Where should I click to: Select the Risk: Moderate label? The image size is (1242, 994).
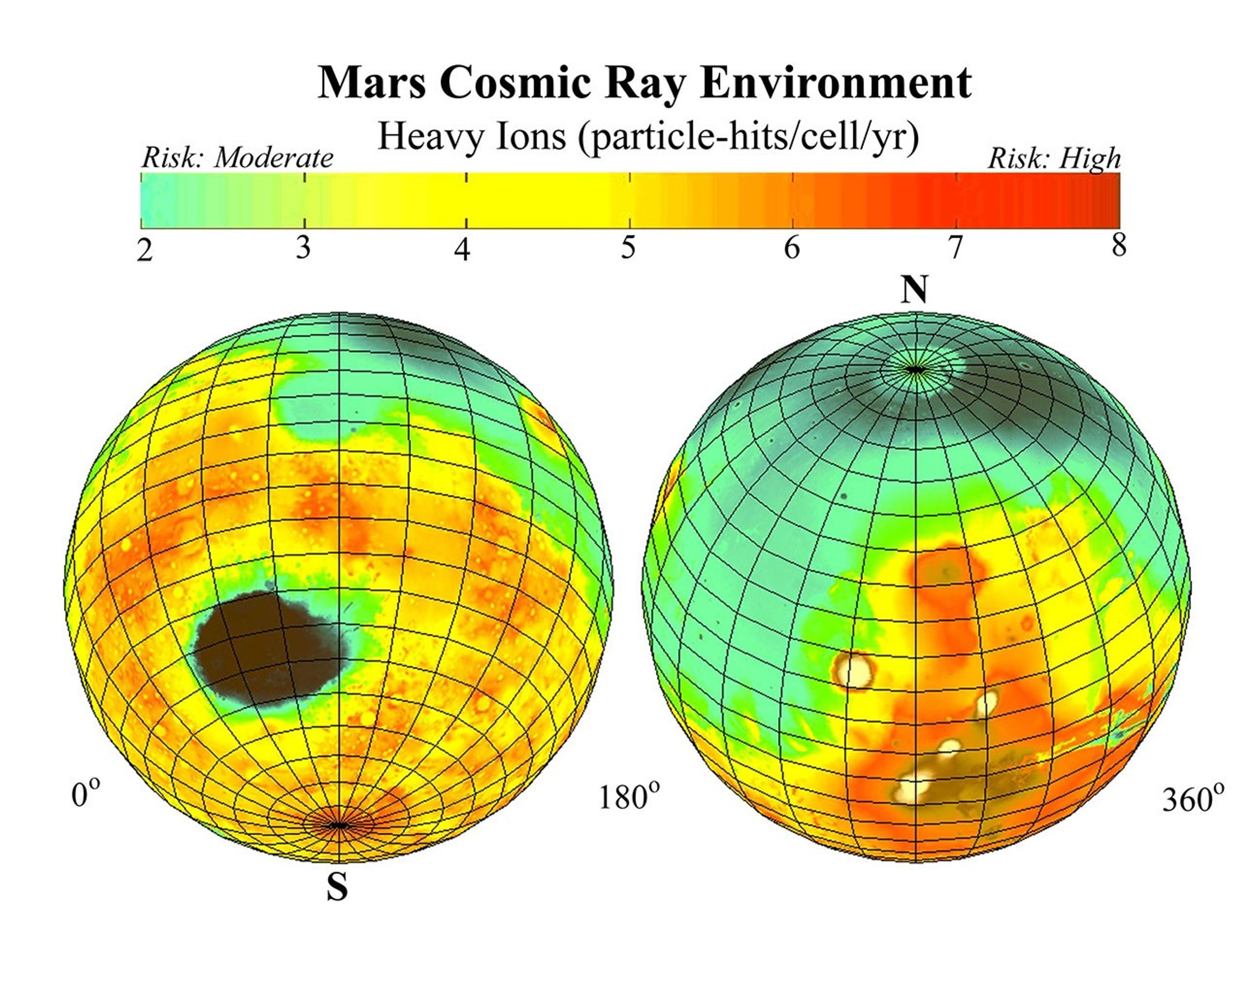coord(237,158)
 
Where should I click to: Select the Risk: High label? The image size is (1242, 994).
coord(1054,158)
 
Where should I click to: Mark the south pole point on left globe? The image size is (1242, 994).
coord(339,825)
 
